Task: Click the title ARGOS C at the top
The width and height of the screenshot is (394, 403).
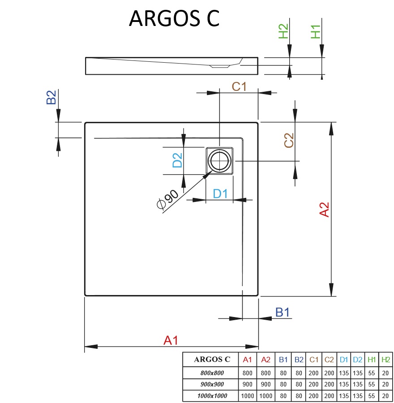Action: pos(174,18)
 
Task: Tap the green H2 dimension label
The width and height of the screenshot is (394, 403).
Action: pos(284,31)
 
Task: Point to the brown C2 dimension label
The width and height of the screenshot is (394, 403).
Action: pos(289,141)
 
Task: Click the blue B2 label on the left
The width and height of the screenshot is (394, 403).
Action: pos(51,97)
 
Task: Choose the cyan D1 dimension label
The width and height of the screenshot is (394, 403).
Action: pos(220,194)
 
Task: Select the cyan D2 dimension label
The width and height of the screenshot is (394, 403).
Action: pos(178,160)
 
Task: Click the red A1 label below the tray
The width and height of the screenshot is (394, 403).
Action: pos(171,340)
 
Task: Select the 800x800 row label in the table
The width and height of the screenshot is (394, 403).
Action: pos(212,373)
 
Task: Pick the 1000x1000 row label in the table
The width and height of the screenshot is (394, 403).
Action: pos(212,396)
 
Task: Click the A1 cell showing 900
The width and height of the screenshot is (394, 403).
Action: pos(247,384)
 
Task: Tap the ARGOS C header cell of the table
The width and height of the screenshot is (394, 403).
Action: pos(212,360)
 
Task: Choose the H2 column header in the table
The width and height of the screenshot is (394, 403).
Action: pos(385,360)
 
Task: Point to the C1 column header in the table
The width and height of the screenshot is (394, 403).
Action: pos(313,360)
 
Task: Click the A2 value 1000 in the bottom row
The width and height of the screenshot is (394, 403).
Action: pos(266,396)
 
